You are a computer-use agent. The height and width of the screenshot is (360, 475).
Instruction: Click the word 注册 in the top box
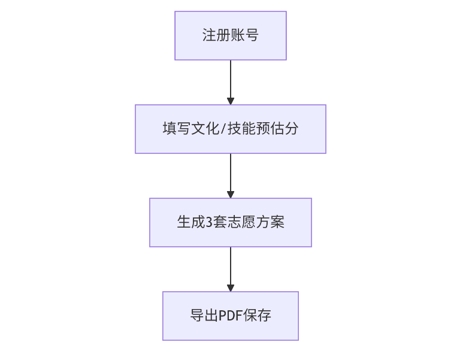pos(216,35)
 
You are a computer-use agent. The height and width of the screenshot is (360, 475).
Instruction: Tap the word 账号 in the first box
pos(244,35)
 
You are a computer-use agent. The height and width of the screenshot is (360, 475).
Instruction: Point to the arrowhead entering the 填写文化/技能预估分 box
pos(231,101)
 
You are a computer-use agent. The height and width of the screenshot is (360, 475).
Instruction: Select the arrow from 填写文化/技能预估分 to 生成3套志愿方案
pos(231,174)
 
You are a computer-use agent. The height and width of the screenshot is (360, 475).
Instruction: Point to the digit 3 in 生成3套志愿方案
pos(209,222)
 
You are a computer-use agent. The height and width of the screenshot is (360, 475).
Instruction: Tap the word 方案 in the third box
pos(270,222)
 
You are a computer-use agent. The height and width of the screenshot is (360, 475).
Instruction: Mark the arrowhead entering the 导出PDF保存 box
pos(231,288)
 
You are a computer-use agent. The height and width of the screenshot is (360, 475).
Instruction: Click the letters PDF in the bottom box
pos(231,316)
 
